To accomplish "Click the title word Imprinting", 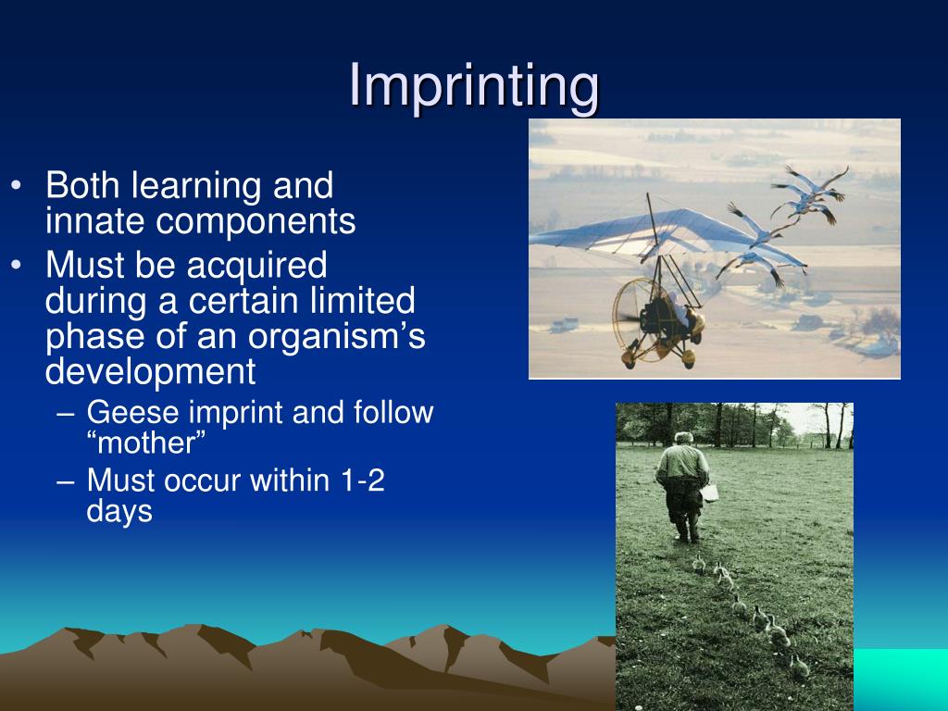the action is (474, 86).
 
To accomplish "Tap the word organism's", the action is (337, 337).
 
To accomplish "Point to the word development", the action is (151, 372).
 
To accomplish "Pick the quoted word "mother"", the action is (146, 443).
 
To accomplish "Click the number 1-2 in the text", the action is (363, 480).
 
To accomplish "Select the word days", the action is (119, 512).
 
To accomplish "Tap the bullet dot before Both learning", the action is (17, 185).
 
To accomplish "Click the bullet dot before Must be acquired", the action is (17, 266).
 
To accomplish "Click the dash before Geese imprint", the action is (66, 415).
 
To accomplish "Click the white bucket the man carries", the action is (709, 493).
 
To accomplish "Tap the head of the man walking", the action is (683, 438).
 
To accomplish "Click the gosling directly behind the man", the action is (698, 564).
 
